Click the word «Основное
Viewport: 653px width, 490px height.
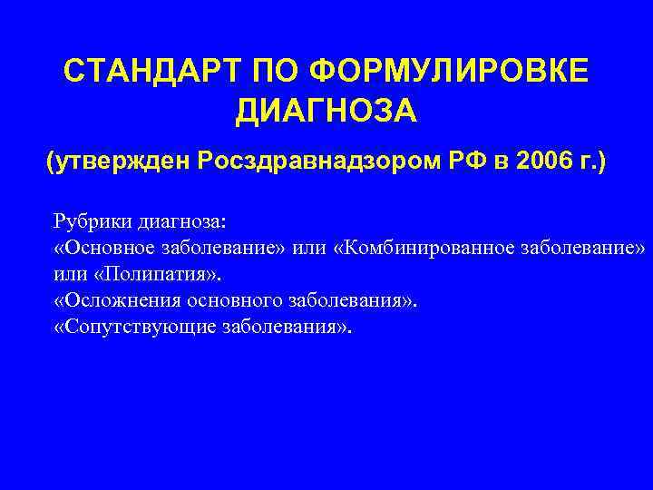(x=105, y=248)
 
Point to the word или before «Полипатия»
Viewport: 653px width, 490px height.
(x=71, y=274)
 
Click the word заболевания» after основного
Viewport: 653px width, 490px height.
(x=356, y=301)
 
